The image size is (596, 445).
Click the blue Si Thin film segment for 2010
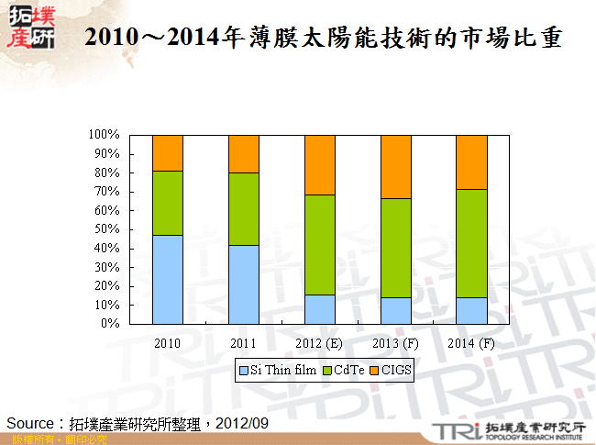(x=168, y=279)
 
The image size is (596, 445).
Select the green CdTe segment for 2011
(x=244, y=208)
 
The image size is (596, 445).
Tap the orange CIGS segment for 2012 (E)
(x=320, y=165)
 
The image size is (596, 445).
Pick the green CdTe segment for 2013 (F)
(x=395, y=248)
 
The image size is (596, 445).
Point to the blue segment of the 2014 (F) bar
(x=471, y=310)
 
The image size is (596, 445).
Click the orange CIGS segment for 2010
(x=168, y=152)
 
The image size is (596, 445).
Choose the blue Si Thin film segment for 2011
(x=244, y=284)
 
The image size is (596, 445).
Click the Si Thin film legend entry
(x=277, y=371)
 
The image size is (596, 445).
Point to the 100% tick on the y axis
(x=104, y=135)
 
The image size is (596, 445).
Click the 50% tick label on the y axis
(x=106, y=229)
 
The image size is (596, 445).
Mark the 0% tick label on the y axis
(x=109, y=324)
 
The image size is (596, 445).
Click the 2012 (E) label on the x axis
(x=320, y=343)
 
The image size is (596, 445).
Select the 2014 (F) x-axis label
(x=471, y=343)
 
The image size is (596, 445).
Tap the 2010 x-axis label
(x=168, y=343)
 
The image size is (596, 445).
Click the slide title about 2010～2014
(x=322, y=39)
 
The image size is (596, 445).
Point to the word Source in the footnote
(x=32, y=423)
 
